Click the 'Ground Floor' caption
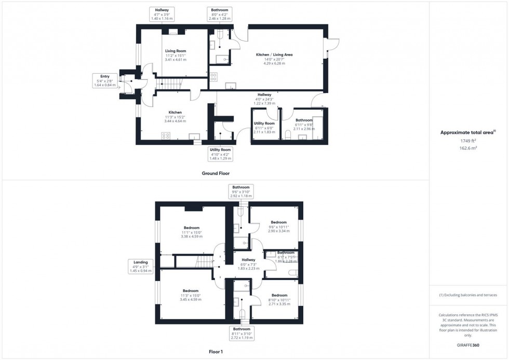(216, 173)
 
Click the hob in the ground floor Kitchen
(166, 136)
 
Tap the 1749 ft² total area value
(468, 141)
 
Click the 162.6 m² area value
(468, 148)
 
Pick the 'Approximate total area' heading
(468, 132)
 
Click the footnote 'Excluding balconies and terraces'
(468, 295)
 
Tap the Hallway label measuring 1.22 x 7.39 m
(264, 99)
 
